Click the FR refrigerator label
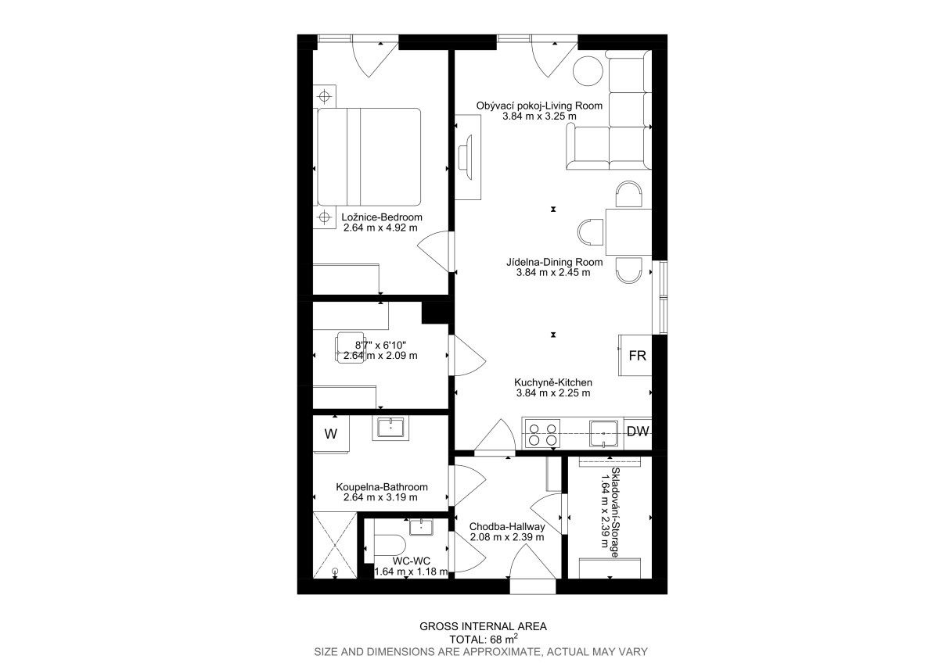(x=637, y=356)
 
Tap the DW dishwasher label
(x=638, y=432)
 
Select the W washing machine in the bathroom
(x=331, y=434)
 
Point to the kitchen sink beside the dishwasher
(x=603, y=433)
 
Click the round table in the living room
(x=588, y=71)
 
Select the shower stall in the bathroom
(x=335, y=545)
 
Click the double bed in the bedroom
(x=369, y=157)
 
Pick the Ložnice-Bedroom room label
(x=382, y=217)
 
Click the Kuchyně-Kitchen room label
(x=553, y=382)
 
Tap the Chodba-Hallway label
(x=507, y=526)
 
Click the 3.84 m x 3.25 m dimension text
(x=539, y=116)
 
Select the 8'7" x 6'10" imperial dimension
(x=380, y=345)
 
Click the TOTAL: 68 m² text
(x=484, y=640)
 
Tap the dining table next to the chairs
(x=628, y=232)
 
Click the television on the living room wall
(x=466, y=153)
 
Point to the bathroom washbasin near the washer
(x=390, y=428)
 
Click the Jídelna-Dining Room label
(x=554, y=262)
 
